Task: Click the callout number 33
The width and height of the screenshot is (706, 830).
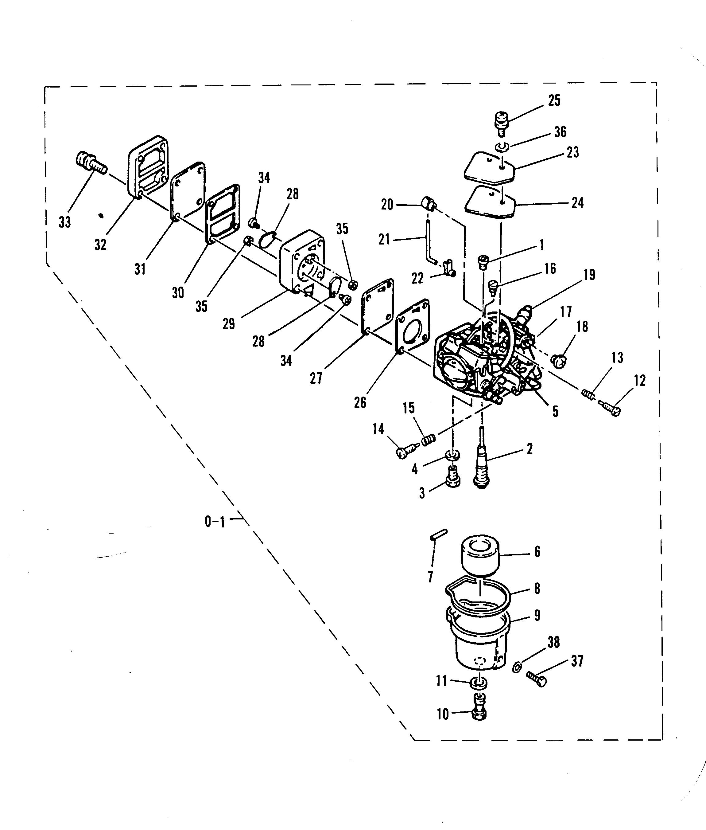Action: point(65,221)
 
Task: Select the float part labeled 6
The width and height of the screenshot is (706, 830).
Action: point(481,555)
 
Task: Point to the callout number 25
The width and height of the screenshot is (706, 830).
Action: point(554,100)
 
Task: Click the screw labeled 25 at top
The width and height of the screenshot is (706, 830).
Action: point(501,123)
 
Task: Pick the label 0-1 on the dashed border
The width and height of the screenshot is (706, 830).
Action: point(215,522)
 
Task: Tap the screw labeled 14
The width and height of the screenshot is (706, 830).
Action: point(405,452)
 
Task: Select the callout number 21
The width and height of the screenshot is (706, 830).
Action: point(384,240)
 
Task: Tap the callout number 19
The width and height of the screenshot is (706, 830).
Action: point(589,275)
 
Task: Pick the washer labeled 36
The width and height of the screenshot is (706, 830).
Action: point(502,147)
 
